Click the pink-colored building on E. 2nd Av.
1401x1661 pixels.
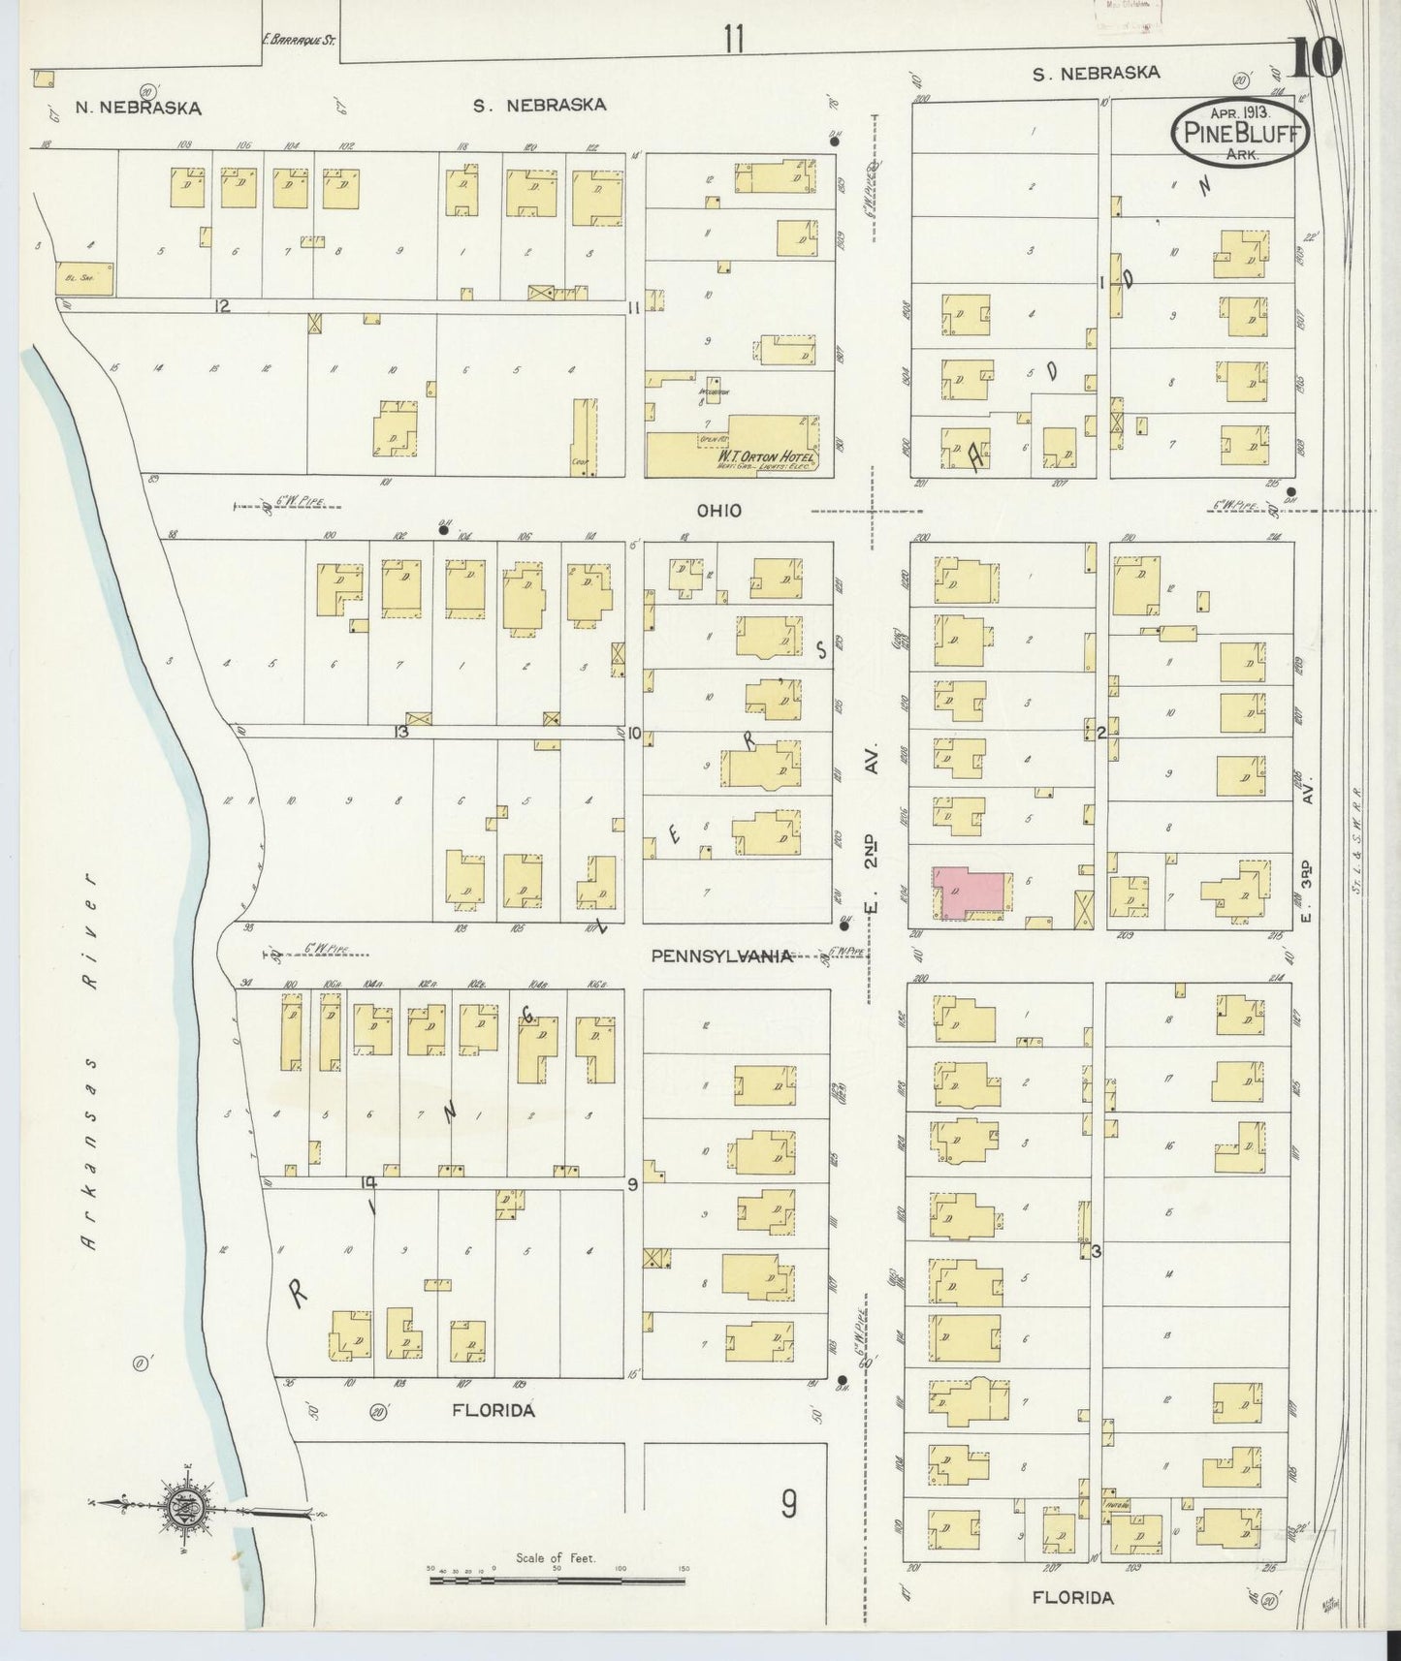(969, 891)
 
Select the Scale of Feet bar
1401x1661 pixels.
(557, 1580)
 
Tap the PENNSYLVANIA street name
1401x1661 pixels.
(721, 956)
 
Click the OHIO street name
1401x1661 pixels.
(718, 510)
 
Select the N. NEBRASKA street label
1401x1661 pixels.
(138, 109)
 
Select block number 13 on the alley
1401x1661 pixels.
(400, 732)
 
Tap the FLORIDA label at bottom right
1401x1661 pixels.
(1071, 1597)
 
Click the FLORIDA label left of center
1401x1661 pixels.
(494, 1410)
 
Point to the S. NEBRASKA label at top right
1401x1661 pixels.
(1096, 73)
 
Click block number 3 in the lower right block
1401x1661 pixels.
(1096, 1251)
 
